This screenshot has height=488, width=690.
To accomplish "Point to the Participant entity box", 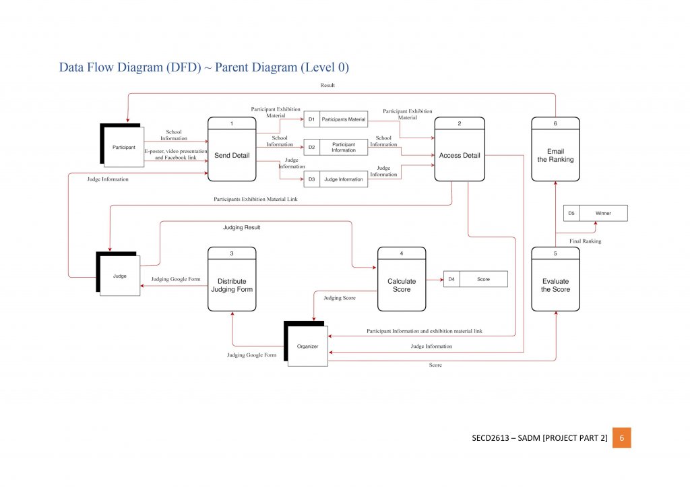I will pos(123,146).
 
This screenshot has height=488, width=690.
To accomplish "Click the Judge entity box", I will pos(121,275).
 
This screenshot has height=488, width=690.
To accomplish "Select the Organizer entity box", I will pos(308,346).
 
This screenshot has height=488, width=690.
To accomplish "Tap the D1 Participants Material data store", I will pos(336,119).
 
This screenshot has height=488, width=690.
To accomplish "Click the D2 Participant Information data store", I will pos(336,147).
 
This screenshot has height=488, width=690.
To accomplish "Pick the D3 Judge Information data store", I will pos(336,179).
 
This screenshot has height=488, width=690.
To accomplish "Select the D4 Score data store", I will pos(475,279).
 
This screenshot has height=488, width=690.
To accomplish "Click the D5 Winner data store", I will pos(596,214).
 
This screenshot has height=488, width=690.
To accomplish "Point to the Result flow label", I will pos(327,86).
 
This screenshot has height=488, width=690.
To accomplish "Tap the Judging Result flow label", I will pos(241,228).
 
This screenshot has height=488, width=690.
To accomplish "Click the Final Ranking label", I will pos(585,241).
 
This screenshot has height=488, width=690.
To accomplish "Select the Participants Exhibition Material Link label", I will pos(255,199).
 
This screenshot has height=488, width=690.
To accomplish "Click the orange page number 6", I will pos(621,438).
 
